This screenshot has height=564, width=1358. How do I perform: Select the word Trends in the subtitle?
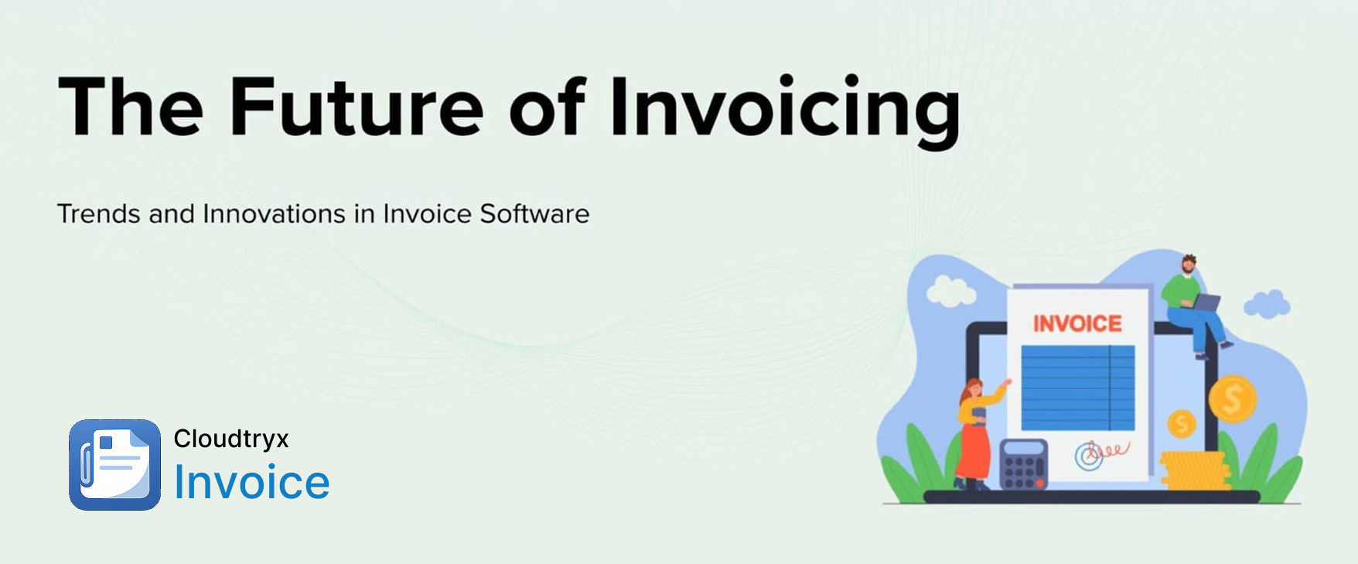tap(99, 214)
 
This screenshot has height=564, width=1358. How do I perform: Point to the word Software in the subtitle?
tap(534, 214)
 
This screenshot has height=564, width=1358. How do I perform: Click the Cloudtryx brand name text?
tap(231, 439)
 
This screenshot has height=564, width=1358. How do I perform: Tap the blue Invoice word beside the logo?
tap(252, 482)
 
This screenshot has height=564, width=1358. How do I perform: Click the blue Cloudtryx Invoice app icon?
tap(114, 465)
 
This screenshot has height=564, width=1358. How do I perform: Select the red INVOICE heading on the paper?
tap(1077, 323)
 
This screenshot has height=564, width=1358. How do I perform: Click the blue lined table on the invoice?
tap(1078, 388)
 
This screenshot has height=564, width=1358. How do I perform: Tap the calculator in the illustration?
tap(1024, 464)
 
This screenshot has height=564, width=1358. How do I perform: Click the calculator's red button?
tap(1040, 483)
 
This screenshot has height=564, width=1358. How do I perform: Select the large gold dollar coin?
tap(1233, 399)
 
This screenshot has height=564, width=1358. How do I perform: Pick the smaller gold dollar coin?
tap(1181, 424)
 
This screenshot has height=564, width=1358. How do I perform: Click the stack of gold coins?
tap(1195, 471)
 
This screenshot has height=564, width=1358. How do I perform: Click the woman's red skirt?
tap(972, 452)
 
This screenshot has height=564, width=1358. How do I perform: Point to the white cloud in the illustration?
tap(950, 291)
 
